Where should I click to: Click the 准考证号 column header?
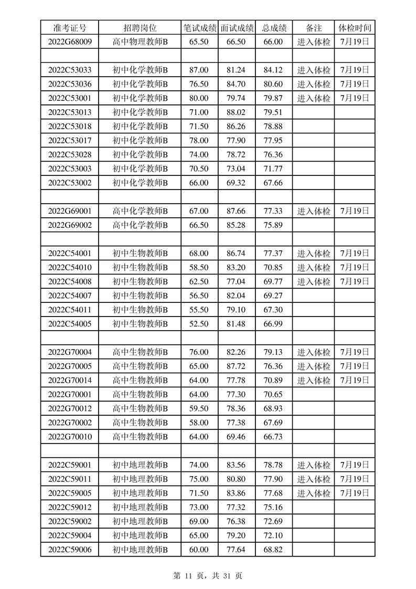click(70, 28)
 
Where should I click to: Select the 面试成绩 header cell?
click(237, 28)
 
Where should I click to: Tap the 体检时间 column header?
click(355, 28)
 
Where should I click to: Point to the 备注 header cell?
click(313, 28)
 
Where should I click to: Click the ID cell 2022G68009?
click(70, 42)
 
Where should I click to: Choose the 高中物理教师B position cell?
click(140, 42)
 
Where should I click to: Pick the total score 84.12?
click(273, 70)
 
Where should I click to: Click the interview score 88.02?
click(237, 112)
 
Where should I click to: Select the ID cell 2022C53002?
click(70, 183)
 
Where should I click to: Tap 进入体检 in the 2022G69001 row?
click(314, 211)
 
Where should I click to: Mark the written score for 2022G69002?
click(199, 225)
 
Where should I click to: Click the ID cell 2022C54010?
click(70, 268)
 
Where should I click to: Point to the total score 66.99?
click(273, 324)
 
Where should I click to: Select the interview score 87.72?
click(237, 366)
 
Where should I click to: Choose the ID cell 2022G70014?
click(70, 380)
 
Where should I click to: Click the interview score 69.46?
click(237, 437)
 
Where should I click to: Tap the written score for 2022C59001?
click(199, 465)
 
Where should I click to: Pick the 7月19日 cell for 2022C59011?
click(355, 479)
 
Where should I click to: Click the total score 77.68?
click(273, 493)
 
